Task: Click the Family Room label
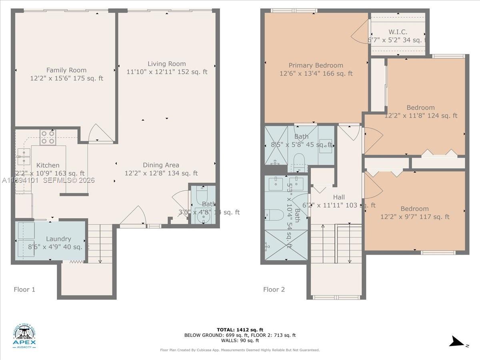66,70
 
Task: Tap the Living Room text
167,64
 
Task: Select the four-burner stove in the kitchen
47,138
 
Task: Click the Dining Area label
161,165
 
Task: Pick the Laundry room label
58,239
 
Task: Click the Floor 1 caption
24,289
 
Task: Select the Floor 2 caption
274,289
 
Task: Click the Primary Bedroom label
316,65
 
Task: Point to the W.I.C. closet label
398,32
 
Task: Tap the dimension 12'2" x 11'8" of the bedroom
421,116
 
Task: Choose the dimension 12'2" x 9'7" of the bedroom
415,217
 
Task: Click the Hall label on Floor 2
339,197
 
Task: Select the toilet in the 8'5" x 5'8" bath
299,162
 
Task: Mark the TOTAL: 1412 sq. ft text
240,330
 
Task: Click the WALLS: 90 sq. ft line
240,340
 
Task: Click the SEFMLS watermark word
59,180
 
